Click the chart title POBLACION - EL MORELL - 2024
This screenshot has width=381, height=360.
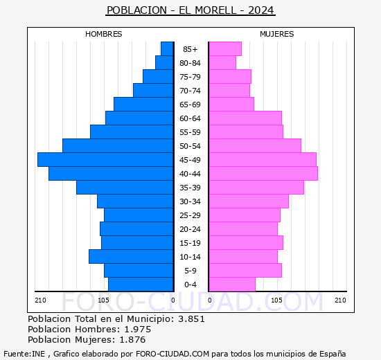click(x=190, y=10)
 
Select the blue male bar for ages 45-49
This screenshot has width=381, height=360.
click(x=105, y=160)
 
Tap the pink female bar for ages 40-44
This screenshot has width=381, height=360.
click(x=263, y=174)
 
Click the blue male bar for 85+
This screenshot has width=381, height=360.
click(x=167, y=49)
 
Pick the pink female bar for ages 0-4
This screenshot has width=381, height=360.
click(x=231, y=285)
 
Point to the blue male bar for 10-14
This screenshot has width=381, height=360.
click(x=131, y=257)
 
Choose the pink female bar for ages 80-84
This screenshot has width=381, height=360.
click(x=222, y=63)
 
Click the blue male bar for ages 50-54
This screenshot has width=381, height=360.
click(x=118, y=146)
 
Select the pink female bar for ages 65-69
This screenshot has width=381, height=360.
click(x=231, y=105)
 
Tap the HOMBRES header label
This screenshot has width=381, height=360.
click(x=104, y=34)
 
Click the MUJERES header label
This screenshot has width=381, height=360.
click(x=276, y=34)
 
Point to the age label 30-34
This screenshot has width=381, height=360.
click(x=190, y=201)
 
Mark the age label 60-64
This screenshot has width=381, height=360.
click(x=190, y=118)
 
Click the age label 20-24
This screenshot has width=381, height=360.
click(x=190, y=229)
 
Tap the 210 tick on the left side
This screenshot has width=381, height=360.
click(x=40, y=300)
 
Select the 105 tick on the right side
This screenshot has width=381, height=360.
click(x=276, y=300)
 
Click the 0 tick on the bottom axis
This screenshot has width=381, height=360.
click(x=173, y=300)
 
